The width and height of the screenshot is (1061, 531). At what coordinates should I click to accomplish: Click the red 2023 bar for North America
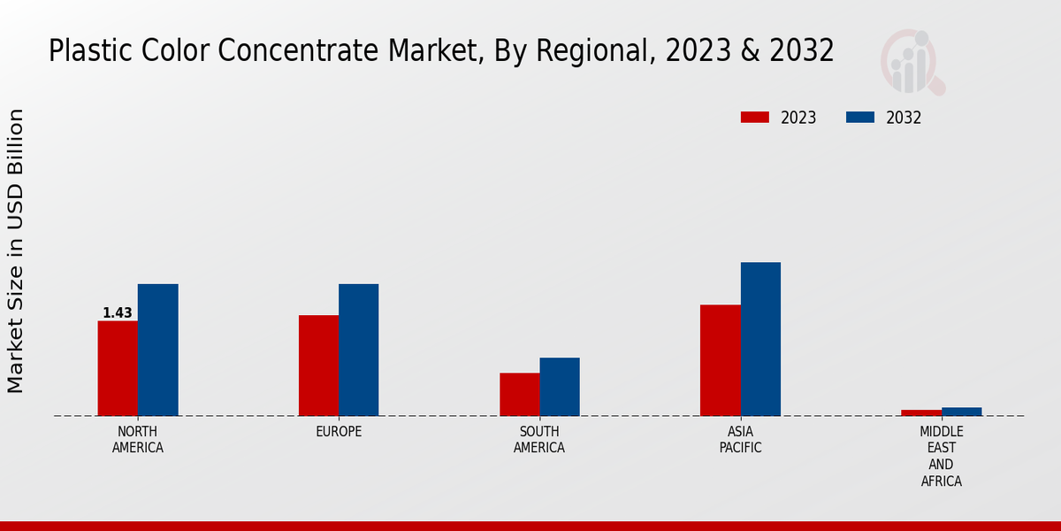(118, 368)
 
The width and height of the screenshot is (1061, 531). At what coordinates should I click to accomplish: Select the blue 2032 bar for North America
(157, 350)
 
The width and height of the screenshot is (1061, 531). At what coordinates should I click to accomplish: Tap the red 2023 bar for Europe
(318, 366)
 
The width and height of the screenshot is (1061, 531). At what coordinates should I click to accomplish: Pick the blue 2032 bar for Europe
(358, 350)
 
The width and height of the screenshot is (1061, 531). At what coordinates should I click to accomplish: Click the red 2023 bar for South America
(519, 394)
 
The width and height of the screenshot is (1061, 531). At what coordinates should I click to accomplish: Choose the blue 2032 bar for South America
(560, 387)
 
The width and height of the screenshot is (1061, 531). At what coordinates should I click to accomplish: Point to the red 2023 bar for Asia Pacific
(720, 360)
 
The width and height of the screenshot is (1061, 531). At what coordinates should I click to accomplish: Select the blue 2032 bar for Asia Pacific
(760, 339)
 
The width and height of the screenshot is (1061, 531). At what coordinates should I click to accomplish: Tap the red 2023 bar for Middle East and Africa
(921, 412)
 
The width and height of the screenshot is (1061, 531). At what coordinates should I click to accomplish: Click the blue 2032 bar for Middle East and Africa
(961, 412)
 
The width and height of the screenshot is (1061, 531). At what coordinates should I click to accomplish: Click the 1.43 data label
(118, 313)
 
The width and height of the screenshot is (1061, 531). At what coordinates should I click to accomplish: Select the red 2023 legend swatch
(755, 118)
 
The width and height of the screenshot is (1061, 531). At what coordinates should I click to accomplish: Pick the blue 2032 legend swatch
(860, 118)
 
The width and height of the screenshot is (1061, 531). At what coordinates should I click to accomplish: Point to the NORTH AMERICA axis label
(138, 440)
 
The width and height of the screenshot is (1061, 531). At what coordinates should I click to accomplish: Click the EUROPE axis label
(339, 432)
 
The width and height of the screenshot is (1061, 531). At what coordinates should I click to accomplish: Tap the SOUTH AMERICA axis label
(539, 440)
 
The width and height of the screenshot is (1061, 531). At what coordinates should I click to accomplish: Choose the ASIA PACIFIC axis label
(740, 440)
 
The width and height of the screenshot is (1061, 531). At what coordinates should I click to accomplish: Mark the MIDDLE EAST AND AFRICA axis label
(941, 457)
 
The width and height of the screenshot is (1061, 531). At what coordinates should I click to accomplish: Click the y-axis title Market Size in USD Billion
(16, 251)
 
